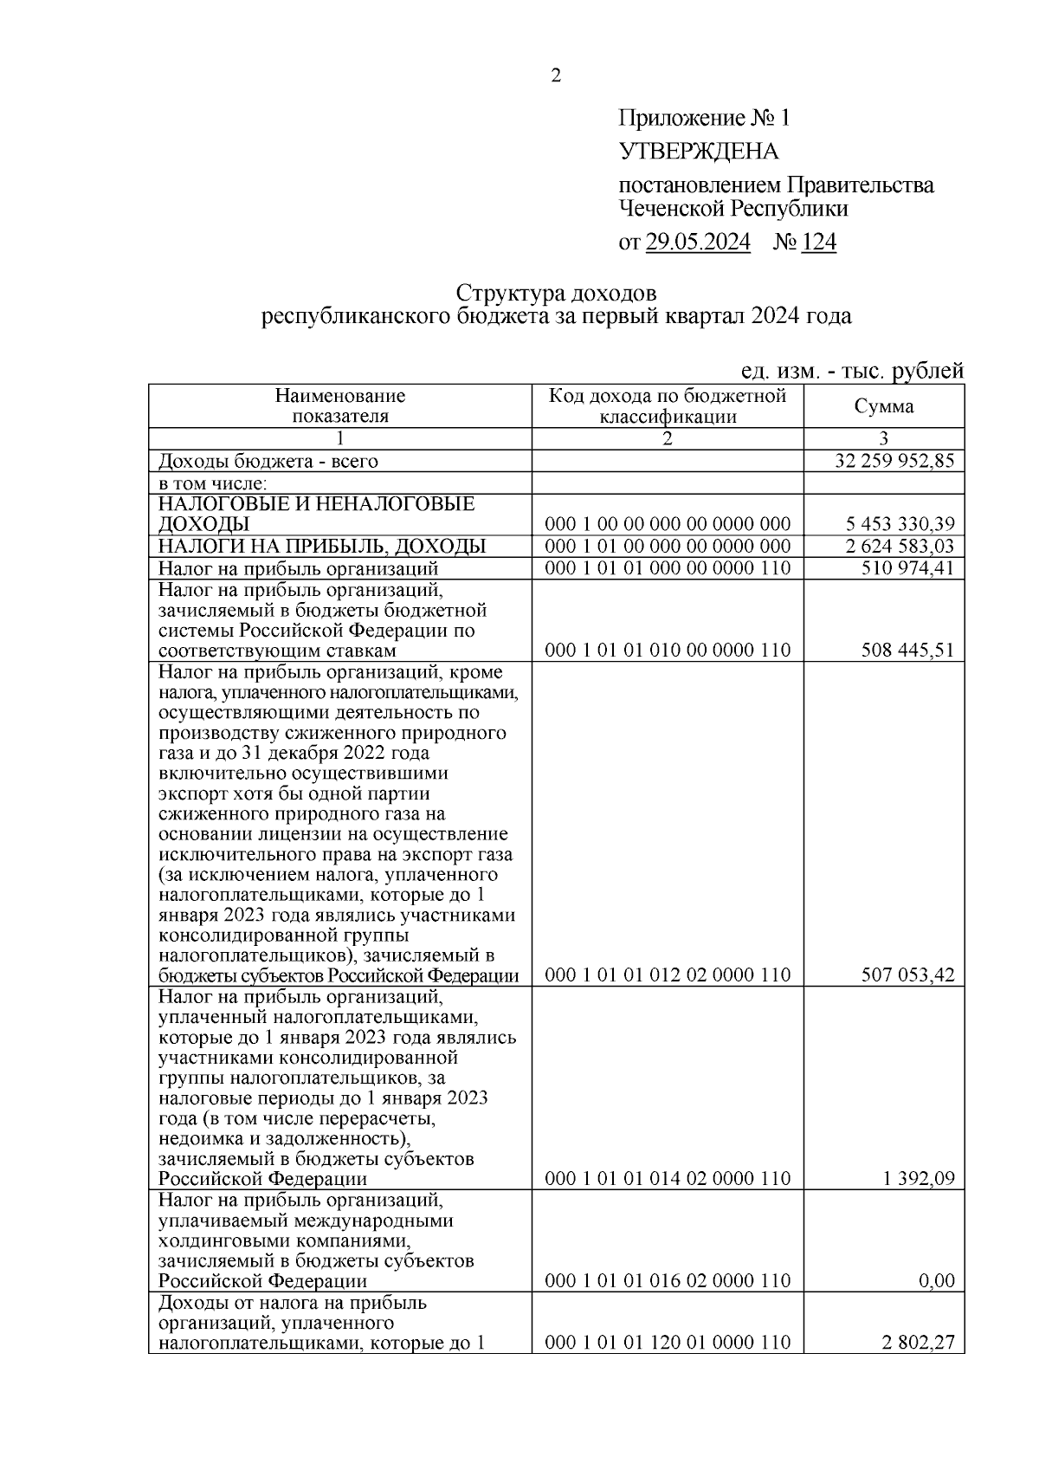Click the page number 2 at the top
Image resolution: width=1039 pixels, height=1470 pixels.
click(556, 76)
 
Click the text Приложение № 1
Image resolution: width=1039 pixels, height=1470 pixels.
click(704, 119)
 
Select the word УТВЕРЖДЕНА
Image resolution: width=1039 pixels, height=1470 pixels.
click(698, 152)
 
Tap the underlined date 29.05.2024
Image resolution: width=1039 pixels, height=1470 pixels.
click(698, 243)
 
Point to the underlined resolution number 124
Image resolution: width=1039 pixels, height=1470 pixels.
click(818, 243)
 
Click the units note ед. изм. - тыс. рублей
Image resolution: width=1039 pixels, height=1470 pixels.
click(852, 371)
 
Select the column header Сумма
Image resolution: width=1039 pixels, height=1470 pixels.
click(883, 406)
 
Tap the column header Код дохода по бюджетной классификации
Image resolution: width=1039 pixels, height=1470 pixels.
click(667, 406)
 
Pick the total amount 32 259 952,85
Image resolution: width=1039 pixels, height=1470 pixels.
click(894, 461)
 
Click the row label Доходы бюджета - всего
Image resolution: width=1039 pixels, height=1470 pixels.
click(268, 461)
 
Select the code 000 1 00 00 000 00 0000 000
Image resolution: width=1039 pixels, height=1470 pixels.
click(667, 524)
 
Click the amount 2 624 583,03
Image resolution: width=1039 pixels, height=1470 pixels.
click(900, 546)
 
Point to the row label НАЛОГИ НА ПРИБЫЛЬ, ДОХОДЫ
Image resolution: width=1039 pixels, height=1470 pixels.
click(321, 546)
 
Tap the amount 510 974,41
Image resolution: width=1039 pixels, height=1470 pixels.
click(907, 568)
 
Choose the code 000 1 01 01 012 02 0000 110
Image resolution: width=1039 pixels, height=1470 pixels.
click(667, 975)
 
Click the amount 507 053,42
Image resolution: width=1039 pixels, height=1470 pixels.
click(907, 975)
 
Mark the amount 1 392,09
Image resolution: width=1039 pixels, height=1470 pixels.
click(919, 1179)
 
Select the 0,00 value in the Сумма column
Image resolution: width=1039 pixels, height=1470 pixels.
click(936, 1281)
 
